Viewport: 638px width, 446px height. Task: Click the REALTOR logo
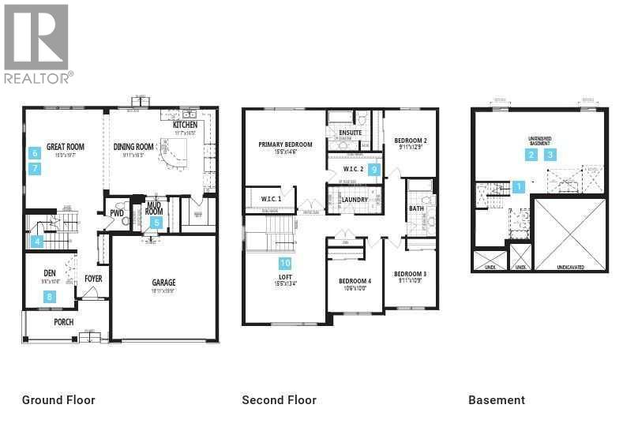tap(37, 43)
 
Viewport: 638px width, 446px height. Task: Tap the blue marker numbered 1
tap(518, 187)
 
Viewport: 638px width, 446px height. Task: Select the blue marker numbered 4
tap(36, 242)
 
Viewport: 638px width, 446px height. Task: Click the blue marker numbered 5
tap(156, 223)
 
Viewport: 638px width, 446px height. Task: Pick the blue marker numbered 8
tap(50, 297)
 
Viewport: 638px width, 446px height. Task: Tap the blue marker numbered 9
tap(375, 169)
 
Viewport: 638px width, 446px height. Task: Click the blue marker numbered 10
tap(284, 263)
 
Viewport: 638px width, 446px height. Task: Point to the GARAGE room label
tap(163, 282)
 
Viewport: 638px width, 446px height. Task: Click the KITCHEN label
tap(185, 125)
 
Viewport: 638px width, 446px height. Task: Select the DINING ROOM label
tap(133, 146)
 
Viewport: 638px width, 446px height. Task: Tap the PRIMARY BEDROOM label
tap(285, 144)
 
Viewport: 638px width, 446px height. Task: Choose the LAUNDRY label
tap(354, 200)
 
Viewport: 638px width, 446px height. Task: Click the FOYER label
tap(93, 279)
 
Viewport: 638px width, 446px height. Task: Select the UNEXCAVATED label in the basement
tap(570, 268)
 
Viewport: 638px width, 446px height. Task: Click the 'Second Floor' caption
tap(279, 400)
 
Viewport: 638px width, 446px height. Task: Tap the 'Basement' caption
tap(497, 400)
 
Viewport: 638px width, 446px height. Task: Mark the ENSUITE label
tap(350, 133)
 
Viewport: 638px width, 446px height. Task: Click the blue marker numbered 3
tap(550, 155)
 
